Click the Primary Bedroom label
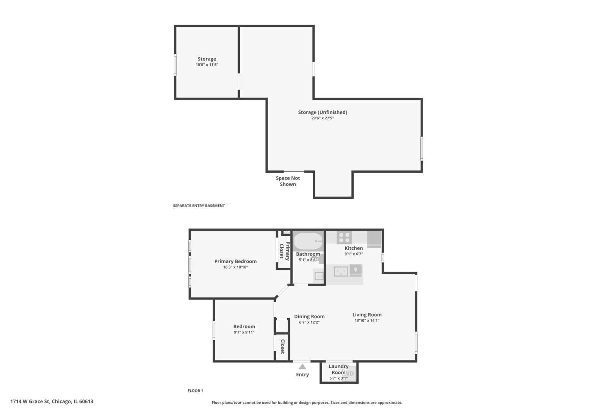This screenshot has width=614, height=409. [235, 261]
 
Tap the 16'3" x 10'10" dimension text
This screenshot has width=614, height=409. [235, 267]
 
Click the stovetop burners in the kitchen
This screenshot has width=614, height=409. [344, 237]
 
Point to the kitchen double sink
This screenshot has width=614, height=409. [341, 271]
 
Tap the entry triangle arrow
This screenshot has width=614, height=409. [302, 367]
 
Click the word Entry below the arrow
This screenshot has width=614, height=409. [302, 375]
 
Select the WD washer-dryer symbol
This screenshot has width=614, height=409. [349, 373]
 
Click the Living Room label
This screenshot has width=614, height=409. [367, 315]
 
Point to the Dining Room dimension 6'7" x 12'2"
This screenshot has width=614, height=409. [309, 322]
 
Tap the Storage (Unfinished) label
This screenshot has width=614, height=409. [323, 112]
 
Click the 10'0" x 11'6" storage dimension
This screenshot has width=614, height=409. [207, 65]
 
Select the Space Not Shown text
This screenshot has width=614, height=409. [288, 181]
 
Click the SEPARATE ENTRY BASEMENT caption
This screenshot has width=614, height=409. [199, 206]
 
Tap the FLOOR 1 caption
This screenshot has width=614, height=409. [195, 391]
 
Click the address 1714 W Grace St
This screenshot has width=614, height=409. [52, 401]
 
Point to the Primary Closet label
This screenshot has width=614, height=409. [284, 251]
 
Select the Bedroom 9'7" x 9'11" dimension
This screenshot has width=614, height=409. [244, 333]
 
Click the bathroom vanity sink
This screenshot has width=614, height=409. [319, 275]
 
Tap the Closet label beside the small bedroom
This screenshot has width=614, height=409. [282, 347]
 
